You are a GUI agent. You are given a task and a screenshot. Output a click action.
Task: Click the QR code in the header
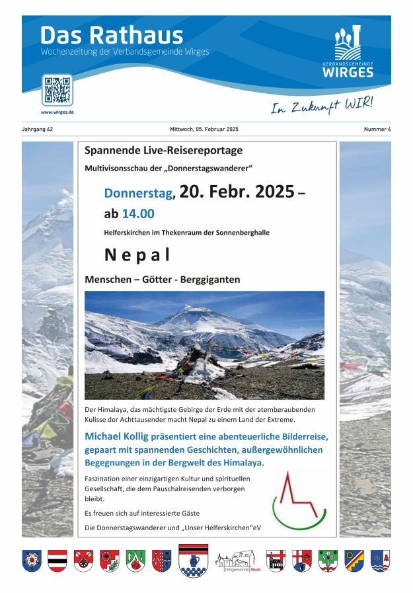57,90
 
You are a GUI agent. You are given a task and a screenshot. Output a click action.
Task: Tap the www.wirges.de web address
57,112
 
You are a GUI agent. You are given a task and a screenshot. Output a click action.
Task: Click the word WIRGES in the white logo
348,73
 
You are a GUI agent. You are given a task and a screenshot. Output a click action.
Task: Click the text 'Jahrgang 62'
38,130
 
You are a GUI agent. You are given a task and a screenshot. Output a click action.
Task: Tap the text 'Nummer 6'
377,130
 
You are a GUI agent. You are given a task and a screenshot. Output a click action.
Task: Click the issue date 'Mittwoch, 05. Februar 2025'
204,130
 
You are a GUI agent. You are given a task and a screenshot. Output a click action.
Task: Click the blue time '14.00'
138,214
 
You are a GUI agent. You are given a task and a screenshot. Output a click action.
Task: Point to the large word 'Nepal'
137,255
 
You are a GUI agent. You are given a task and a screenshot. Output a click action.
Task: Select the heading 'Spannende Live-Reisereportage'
163,151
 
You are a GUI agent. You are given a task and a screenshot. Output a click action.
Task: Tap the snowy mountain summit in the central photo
194,311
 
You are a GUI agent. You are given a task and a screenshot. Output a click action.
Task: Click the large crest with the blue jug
194,561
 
